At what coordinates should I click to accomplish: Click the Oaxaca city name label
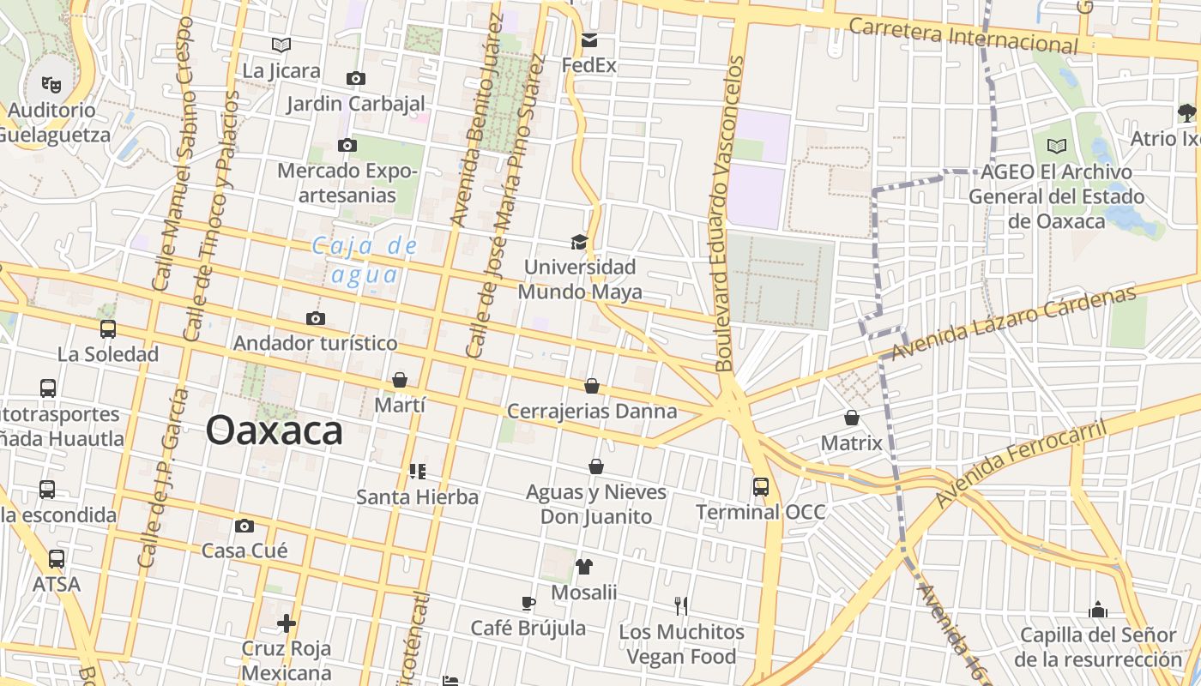(275, 430)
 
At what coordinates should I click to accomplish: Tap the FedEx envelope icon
(589, 40)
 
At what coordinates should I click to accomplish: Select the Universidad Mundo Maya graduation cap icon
(580, 242)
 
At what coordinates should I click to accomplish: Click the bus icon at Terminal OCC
(761, 487)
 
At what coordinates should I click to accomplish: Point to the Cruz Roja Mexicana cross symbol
(287, 623)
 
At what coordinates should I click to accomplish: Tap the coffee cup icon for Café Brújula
(528, 603)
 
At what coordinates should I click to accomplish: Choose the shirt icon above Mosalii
(584, 566)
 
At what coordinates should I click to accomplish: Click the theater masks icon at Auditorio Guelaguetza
(51, 84)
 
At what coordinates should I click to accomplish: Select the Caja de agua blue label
(365, 260)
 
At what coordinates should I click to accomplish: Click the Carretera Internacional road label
(963, 35)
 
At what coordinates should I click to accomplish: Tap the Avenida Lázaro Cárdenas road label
(1013, 324)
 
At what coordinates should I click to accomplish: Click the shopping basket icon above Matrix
(852, 418)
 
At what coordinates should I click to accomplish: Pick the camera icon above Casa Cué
(244, 526)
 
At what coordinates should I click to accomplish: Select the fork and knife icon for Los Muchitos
(681, 606)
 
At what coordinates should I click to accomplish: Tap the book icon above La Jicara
(281, 45)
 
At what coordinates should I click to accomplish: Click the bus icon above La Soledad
(108, 328)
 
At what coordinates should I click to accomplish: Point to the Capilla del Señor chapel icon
(1098, 610)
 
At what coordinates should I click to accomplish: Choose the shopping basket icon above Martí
(400, 380)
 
